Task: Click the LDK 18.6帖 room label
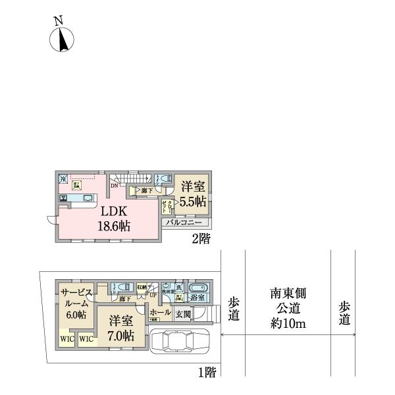(115, 219)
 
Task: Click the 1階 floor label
(207, 373)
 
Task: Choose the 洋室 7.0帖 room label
(121, 328)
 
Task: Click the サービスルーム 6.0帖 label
(76, 303)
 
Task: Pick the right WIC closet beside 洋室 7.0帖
(86, 339)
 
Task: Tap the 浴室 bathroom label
(197, 298)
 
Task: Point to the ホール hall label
(160, 312)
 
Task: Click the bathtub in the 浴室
(198, 287)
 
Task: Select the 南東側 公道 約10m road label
(288, 308)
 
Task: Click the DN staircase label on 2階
(114, 186)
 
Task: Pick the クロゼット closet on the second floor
(170, 205)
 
